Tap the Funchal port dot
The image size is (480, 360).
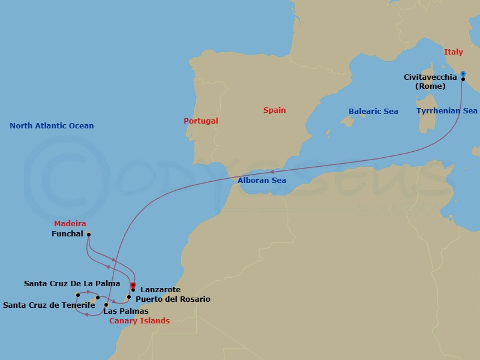point(89,235)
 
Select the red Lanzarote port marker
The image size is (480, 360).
point(133,285)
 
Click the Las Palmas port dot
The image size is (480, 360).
point(106,305)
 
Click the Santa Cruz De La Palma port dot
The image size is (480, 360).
point(78,295)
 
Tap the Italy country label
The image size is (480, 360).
point(454,52)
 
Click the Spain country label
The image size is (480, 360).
point(274,110)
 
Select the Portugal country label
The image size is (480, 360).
point(201,121)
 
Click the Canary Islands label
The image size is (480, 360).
point(139,321)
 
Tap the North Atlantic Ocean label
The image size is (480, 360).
point(52,126)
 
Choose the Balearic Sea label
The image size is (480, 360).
point(373,112)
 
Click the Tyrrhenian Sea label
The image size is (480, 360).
point(447,111)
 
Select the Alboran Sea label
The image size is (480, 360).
point(262,181)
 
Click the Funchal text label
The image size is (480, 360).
point(67,234)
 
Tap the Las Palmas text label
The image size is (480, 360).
point(125,311)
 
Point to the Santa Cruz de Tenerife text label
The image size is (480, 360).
point(49,305)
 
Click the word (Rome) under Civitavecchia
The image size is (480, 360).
point(430,86)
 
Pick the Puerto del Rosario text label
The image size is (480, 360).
point(173,299)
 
